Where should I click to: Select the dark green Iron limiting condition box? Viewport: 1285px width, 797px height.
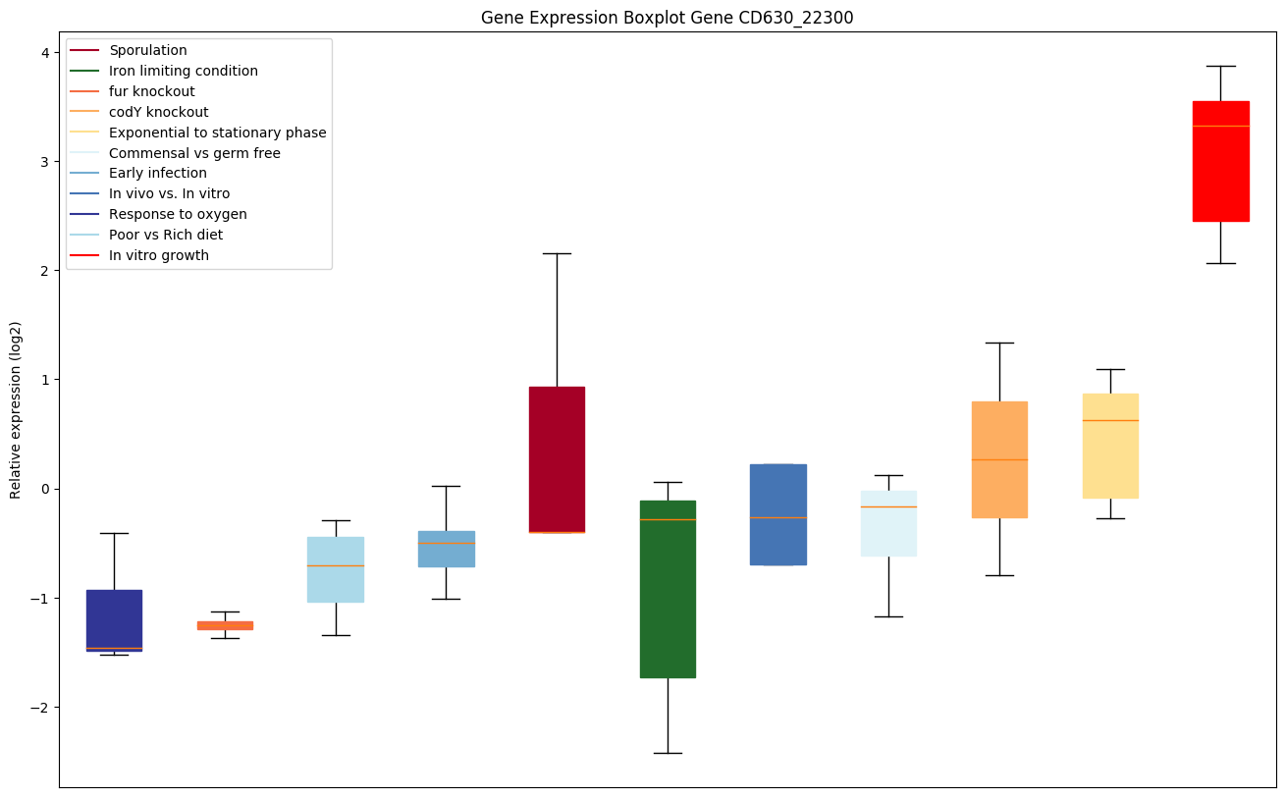pyautogui.click(x=668, y=589)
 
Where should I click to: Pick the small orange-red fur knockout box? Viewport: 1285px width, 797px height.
pyautogui.click(x=225, y=625)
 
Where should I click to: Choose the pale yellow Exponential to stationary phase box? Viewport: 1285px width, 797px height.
pyautogui.click(x=1110, y=446)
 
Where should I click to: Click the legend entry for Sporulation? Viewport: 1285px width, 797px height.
pyautogui.click(x=148, y=51)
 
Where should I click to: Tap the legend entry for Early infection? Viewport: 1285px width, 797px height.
pyautogui.click(x=158, y=174)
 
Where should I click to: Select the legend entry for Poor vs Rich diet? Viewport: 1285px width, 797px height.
pyautogui.click(x=166, y=235)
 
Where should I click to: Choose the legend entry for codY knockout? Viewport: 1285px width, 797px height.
pyautogui.click(x=159, y=112)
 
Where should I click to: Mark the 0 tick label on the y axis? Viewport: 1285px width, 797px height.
pyautogui.click(x=47, y=489)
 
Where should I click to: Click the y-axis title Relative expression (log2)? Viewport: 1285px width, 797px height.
pyautogui.click(x=16, y=409)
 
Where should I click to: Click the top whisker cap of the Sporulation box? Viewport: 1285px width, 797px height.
pyautogui.click(x=557, y=253)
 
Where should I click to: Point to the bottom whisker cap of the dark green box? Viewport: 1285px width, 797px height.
pyautogui.click(x=668, y=753)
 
